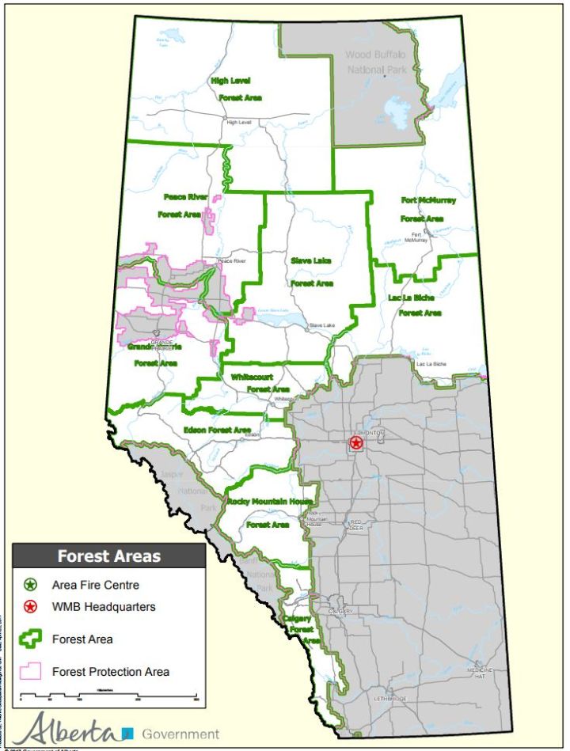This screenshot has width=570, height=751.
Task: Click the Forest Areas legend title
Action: click(x=108, y=556)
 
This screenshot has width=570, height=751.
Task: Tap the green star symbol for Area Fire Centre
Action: click(x=29, y=586)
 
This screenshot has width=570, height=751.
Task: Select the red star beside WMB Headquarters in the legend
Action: click(x=29, y=608)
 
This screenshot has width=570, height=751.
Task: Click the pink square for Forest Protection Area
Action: click(x=29, y=671)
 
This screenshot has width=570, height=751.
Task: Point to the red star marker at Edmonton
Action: click(x=356, y=442)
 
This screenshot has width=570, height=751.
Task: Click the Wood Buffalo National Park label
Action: click(x=375, y=63)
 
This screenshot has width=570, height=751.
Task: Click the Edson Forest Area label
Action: click(x=217, y=430)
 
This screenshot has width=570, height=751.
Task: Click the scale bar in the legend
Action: click(x=108, y=696)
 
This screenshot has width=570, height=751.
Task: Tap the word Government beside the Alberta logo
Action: click(x=180, y=734)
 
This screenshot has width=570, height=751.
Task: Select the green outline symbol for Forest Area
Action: click(x=29, y=639)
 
